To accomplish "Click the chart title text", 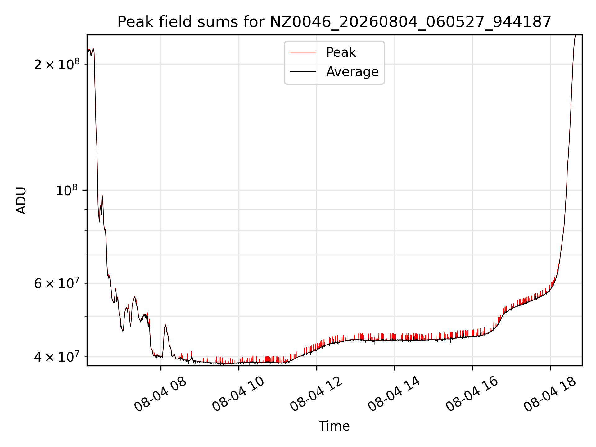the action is coord(334,22).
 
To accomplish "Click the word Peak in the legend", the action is coord(341,52).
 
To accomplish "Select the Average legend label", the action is coord(352,72).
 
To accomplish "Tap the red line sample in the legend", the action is coord(303,52).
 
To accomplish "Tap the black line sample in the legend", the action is coord(303,72).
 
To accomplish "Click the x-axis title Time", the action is coord(334,426).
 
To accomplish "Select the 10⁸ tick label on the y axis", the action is coord(68,190).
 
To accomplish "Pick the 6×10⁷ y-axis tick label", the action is coord(57,283).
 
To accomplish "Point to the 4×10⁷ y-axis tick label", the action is coord(57,356).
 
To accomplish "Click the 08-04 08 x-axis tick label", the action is coord(160,394).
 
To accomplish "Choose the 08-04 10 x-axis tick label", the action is coord(238,394).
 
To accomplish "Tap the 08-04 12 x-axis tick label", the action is coord(316,394).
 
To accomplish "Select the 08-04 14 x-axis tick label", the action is coord(394,394).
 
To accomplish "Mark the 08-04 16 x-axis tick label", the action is coord(472,394).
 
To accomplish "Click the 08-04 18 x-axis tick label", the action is coord(550,394).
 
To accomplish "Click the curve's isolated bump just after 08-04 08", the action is coord(165,326).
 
